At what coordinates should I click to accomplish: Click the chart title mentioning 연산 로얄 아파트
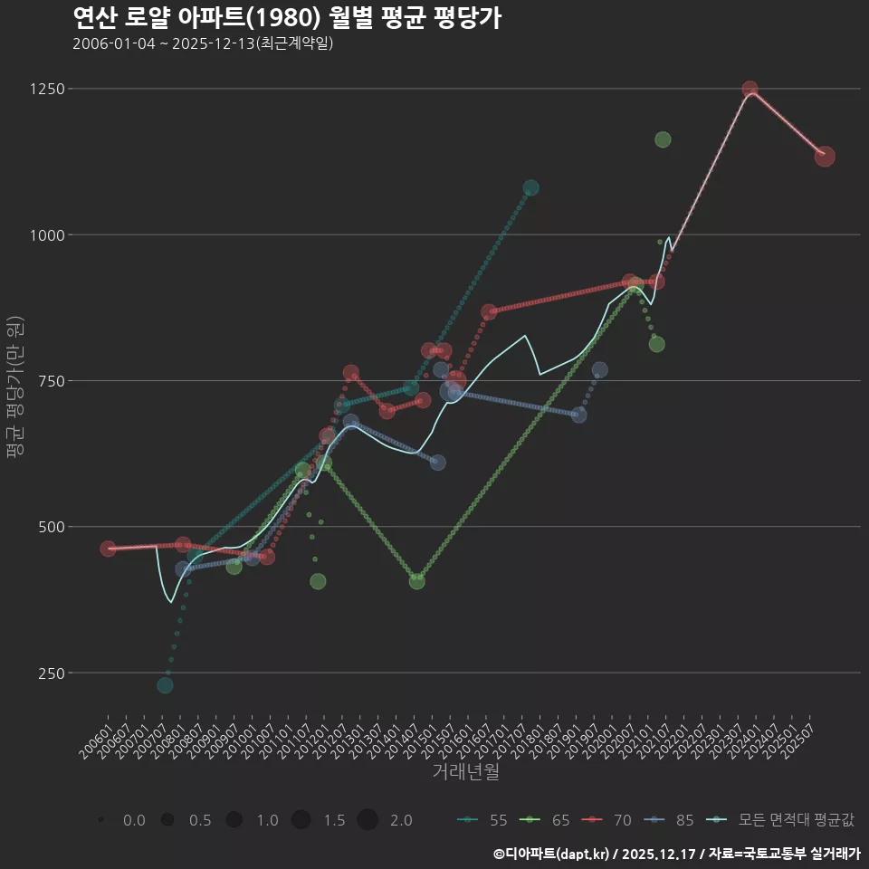(286, 18)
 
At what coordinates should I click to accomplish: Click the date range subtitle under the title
(203, 43)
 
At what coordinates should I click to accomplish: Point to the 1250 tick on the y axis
(47, 89)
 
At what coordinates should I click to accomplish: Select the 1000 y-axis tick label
(47, 235)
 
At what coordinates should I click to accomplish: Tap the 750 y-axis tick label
(51, 381)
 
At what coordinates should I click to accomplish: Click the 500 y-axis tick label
(51, 527)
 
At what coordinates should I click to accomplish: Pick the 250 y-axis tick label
(51, 673)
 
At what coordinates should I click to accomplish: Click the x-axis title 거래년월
(465, 772)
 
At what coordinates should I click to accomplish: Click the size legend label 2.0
(401, 820)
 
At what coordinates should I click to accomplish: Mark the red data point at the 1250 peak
(750, 90)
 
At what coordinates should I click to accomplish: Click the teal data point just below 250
(165, 685)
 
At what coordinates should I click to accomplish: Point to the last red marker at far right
(825, 157)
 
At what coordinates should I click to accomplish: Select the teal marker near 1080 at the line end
(530, 188)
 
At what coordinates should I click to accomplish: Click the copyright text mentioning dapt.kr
(676, 854)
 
